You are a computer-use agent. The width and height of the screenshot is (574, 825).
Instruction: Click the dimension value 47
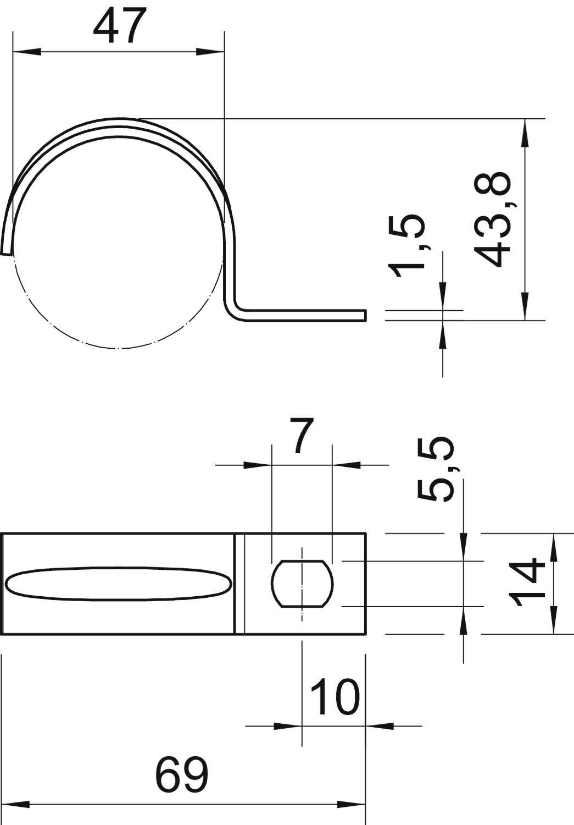[x=120, y=26]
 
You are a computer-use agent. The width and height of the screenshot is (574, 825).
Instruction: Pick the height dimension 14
[x=528, y=582]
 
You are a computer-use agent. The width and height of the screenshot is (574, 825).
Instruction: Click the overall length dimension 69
[x=182, y=775]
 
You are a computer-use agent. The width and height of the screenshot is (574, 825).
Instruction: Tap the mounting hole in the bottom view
[x=302, y=584]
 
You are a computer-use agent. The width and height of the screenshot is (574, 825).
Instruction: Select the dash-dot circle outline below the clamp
[x=118, y=348]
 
